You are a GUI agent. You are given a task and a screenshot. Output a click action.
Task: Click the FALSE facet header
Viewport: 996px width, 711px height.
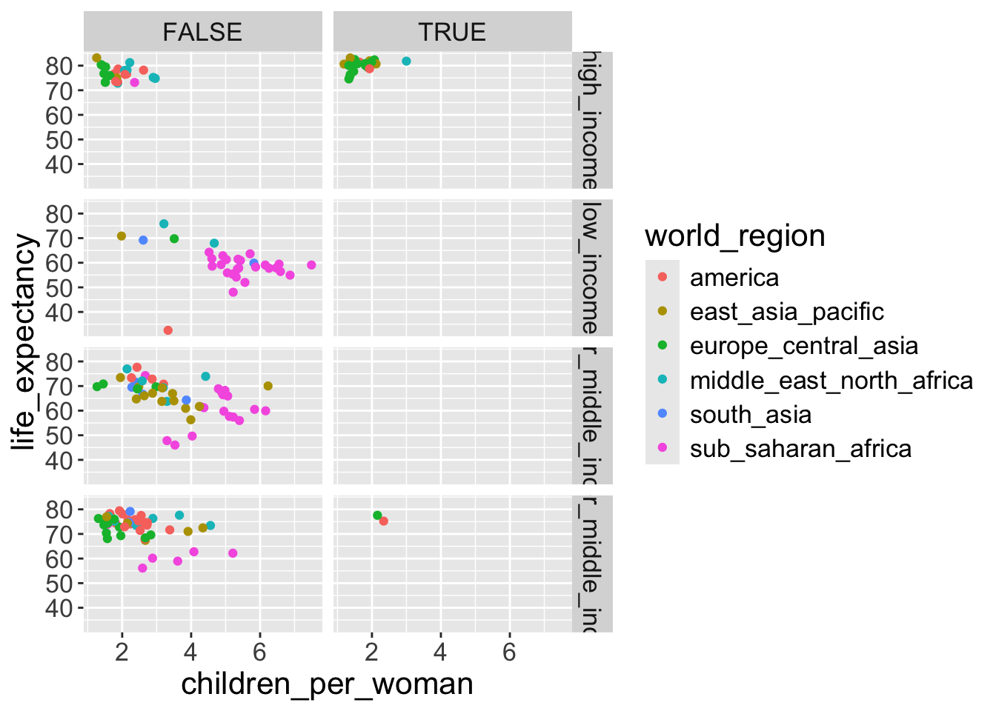(202, 32)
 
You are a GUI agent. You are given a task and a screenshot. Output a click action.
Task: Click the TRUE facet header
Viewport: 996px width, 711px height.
(452, 32)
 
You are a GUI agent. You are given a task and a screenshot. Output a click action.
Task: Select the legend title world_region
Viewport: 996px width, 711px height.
(734, 236)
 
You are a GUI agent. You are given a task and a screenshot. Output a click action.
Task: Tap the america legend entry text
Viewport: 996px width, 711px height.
(734, 278)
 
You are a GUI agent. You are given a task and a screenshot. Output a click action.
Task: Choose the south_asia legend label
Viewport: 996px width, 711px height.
(750, 415)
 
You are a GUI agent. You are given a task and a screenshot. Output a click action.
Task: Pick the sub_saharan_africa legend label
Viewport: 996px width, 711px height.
(800, 449)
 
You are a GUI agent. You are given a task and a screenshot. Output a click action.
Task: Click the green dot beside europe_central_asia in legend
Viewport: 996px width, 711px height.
(663, 346)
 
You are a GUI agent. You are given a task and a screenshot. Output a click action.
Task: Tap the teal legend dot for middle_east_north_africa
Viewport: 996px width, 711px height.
(663, 380)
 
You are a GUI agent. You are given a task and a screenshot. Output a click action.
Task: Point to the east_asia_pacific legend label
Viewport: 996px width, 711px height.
(786, 312)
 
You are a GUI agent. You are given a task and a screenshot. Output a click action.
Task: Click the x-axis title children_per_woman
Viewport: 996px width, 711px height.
(327, 684)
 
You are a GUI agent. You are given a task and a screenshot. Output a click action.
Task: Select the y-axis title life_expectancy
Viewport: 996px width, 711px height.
(24, 341)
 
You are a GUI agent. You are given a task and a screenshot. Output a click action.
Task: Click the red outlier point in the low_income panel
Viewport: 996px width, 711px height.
(168, 330)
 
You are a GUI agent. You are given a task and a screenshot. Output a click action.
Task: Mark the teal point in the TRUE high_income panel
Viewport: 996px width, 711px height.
(406, 61)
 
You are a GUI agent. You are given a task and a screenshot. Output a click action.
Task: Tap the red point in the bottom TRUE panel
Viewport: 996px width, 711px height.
(383, 521)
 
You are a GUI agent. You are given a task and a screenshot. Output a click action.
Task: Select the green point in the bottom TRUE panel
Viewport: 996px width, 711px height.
(377, 515)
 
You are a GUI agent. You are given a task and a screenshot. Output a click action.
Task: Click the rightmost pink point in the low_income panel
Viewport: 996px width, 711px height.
(311, 265)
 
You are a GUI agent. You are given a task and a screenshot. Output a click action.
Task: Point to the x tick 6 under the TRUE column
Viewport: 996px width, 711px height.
(509, 652)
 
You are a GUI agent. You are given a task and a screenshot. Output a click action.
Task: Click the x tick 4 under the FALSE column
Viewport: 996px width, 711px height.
(190, 652)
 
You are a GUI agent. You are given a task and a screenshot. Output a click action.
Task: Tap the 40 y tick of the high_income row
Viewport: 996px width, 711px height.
(59, 164)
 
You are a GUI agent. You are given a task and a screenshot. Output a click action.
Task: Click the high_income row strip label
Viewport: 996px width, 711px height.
(591, 120)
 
